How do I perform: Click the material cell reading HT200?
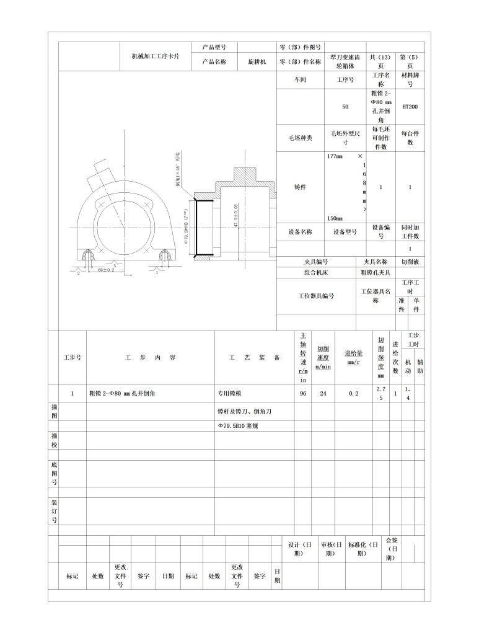(x=410, y=107)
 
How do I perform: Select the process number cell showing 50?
(x=345, y=107)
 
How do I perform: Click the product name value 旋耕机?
(x=257, y=62)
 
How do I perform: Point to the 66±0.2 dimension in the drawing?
(x=106, y=270)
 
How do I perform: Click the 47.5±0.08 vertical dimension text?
(x=236, y=215)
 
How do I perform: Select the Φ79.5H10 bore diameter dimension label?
(x=185, y=226)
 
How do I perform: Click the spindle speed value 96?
(x=303, y=393)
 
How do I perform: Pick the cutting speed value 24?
(x=323, y=393)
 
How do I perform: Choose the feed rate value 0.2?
(x=353, y=393)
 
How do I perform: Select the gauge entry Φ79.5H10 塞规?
(x=237, y=426)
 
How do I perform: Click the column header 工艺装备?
(x=254, y=358)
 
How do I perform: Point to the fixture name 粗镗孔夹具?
(x=376, y=272)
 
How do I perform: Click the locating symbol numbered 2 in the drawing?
(x=79, y=273)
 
